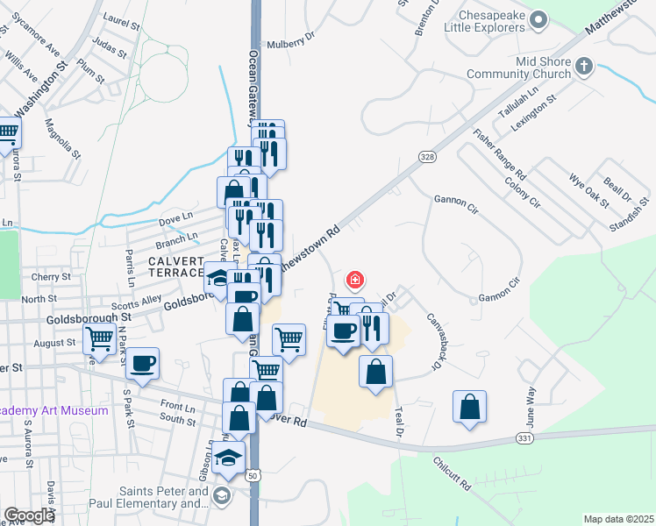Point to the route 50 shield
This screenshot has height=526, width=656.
tap(253, 475)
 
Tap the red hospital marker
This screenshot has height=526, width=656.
tap(355, 281)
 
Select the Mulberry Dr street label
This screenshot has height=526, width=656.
tap(290, 40)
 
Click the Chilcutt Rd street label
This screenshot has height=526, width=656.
tap(453, 472)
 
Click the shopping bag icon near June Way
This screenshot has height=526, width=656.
tap(470, 407)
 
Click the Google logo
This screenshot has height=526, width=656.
tap(28, 515)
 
